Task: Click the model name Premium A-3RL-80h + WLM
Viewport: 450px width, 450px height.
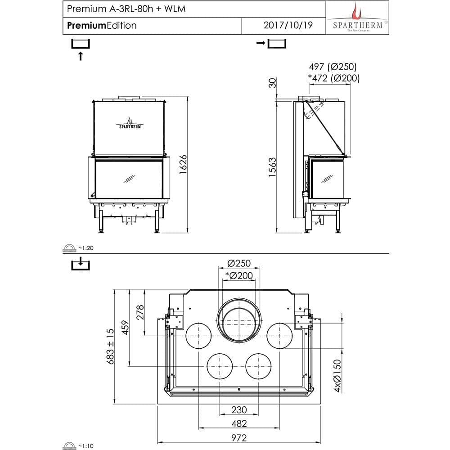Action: [x=119, y=9]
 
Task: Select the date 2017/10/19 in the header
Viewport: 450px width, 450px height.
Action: [x=288, y=25]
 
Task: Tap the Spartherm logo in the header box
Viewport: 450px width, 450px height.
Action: [x=358, y=17]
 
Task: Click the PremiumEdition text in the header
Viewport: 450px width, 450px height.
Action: [x=102, y=25]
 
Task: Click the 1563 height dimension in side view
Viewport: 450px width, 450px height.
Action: [x=272, y=167]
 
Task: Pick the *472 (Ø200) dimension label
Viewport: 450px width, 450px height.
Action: [x=333, y=78]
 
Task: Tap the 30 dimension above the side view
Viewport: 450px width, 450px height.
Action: [x=272, y=83]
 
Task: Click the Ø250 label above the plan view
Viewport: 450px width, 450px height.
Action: [x=238, y=263]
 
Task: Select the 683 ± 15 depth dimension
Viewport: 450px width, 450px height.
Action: [x=109, y=346]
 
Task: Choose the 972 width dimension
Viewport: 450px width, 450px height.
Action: [x=238, y=437]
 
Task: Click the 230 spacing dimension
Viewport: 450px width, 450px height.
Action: [x=238, y=409]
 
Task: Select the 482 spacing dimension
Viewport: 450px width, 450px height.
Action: [x=238, y=423]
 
